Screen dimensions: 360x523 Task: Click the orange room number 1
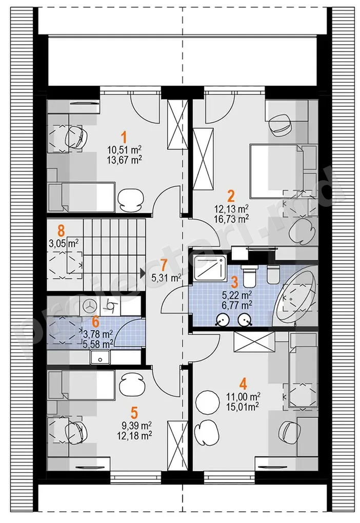point(124,138)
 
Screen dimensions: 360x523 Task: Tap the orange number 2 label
point(231,197)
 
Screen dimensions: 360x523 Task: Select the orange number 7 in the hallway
point(163,265)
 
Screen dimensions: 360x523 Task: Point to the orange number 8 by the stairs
point(61,231)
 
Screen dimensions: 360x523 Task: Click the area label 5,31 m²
point(166,278)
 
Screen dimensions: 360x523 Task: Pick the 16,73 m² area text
point(232,219)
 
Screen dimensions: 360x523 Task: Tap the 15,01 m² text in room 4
point(243,405)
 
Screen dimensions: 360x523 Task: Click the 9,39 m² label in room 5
point(136,425)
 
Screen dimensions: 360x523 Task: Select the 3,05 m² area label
point(64,243)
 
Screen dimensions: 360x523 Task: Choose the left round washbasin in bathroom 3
point(222,320)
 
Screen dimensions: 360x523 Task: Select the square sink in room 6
point(99,357)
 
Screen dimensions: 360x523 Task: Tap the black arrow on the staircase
point(142,274)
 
